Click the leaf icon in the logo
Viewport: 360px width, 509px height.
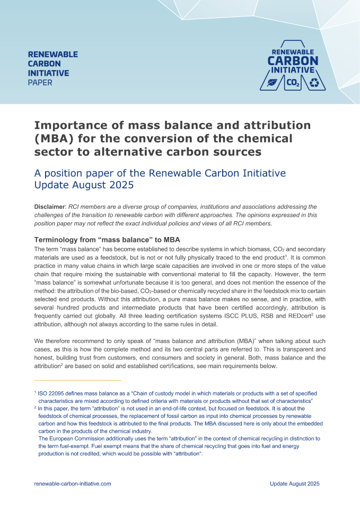click(272, 83)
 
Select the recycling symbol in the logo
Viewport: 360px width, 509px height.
click(315, 83)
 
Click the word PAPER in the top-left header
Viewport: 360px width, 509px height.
click(40, 83)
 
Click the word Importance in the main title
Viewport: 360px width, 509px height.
click(66, 126)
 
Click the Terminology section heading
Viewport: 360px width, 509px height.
click(107, 240)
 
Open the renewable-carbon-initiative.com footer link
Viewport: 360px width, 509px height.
click(73, 484)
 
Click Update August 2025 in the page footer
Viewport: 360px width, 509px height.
click(294, 484)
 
